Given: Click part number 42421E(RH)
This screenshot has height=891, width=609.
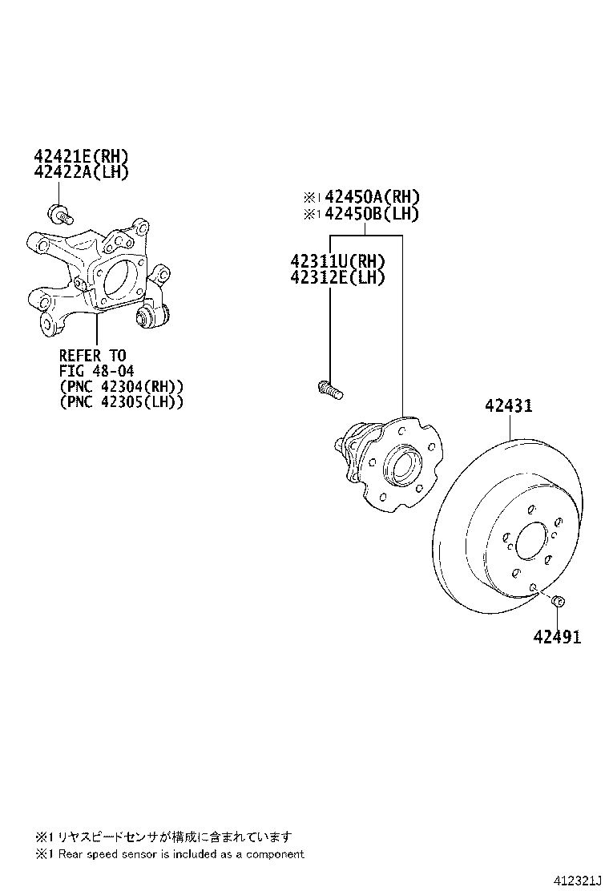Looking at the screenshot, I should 81,156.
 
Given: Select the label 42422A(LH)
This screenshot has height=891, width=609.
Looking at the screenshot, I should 81,171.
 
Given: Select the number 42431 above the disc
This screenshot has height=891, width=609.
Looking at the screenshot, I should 507,406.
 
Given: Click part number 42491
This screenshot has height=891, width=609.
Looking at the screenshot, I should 558,637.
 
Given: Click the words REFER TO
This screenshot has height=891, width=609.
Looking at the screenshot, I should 92,355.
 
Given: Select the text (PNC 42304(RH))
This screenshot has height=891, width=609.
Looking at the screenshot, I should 121,386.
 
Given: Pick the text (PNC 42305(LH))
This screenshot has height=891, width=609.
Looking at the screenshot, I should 121,401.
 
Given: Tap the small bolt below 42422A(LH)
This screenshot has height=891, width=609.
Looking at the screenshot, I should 58,214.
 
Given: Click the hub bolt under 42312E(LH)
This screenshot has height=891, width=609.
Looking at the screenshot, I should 328,390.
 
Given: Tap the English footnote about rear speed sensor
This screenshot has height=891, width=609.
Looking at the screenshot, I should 170,854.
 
